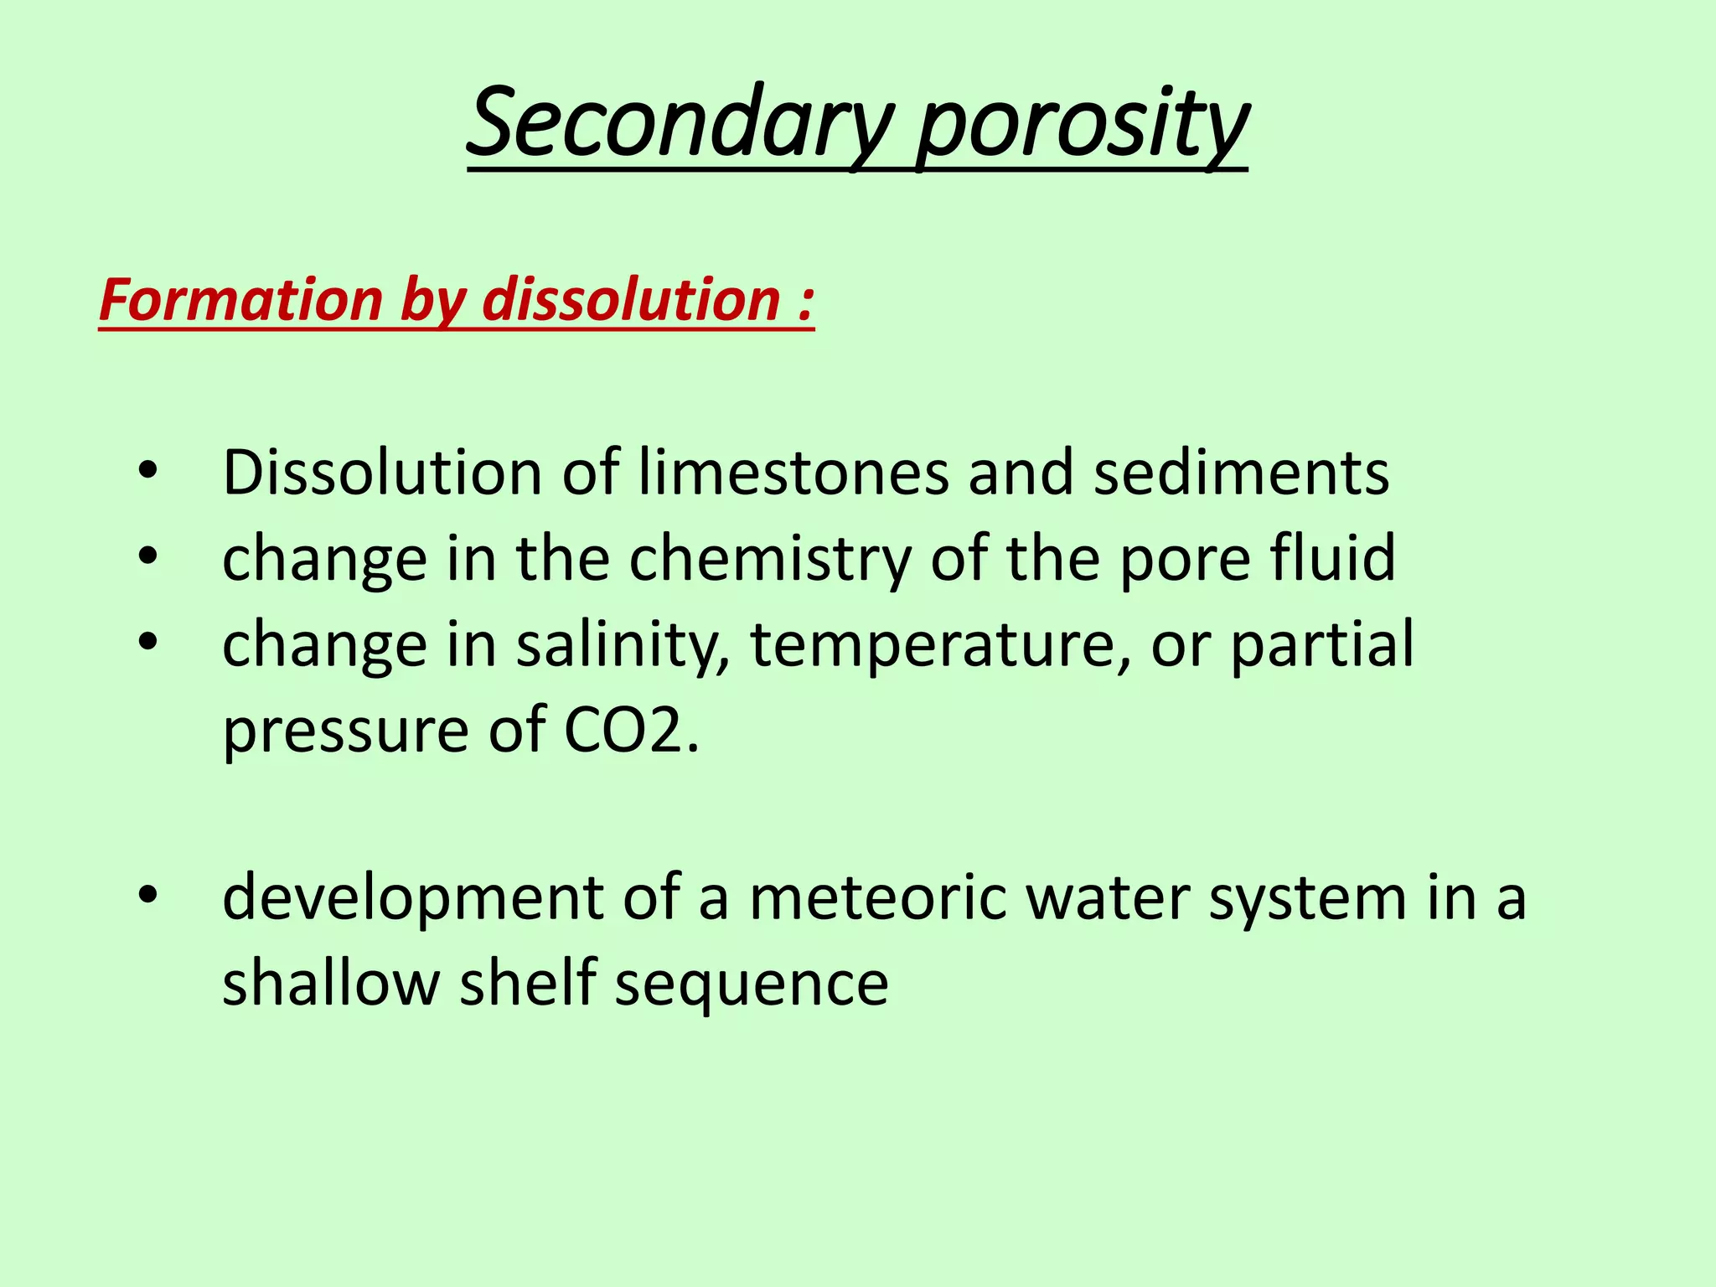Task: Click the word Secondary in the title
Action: pyautogui.click(x=680, y=124)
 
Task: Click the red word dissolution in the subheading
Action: pyautogui.click(x=632, y=300)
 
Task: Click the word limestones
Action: pyautogui.click(x=793, y=473)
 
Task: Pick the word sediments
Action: pyautogui.click(x=1242, y=473)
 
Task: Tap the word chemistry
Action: pyautogui.click(x=770, y=559)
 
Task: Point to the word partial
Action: pyautogui.click(x=1322, y=645)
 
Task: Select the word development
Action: pyautogui.click(x=412, y=898)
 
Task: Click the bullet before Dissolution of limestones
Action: pyautogui.click(x=148, y=471)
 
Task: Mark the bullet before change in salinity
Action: pyautogui.click(x=148, y=643)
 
